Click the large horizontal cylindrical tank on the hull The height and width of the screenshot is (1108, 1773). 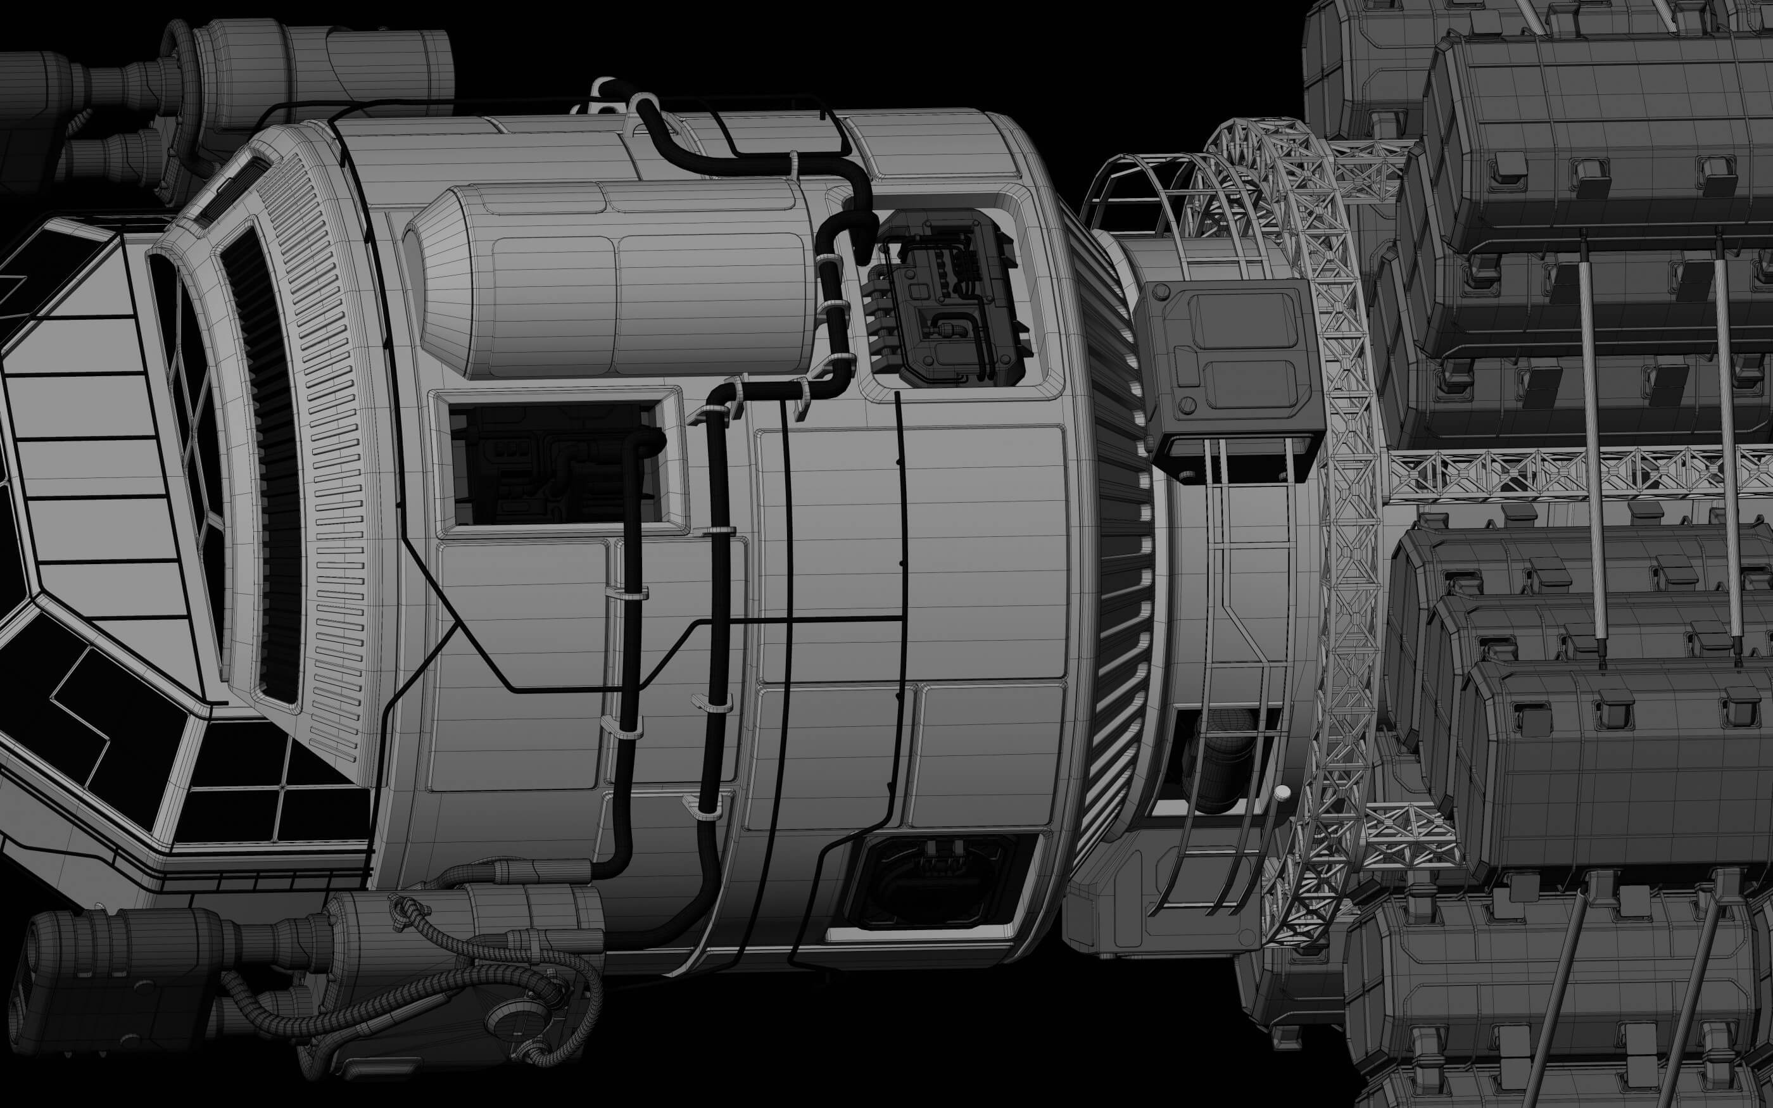click(622, 282)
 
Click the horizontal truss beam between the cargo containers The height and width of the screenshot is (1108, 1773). click(1575, 473)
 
